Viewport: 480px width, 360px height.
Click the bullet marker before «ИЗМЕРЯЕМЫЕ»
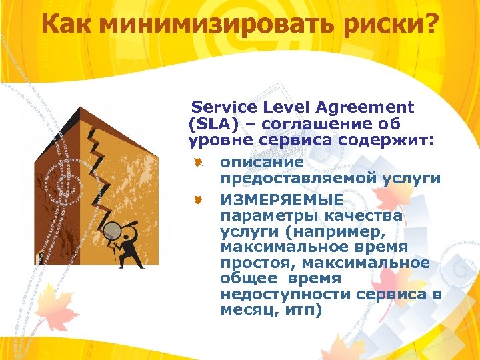click(x=198, y=199)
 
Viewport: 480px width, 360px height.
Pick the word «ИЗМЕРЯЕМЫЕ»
click(x=282, y=200)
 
